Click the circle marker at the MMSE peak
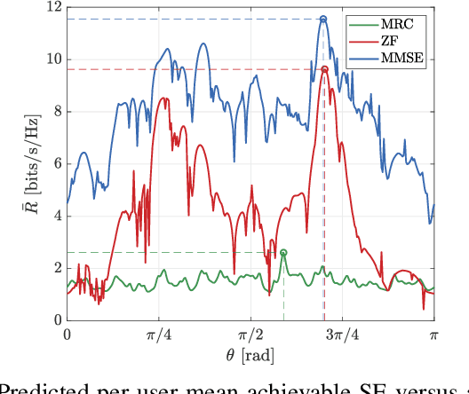coord(323,19)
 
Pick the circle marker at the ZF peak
coord(324,69)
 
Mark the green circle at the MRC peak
coord(283,253)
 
